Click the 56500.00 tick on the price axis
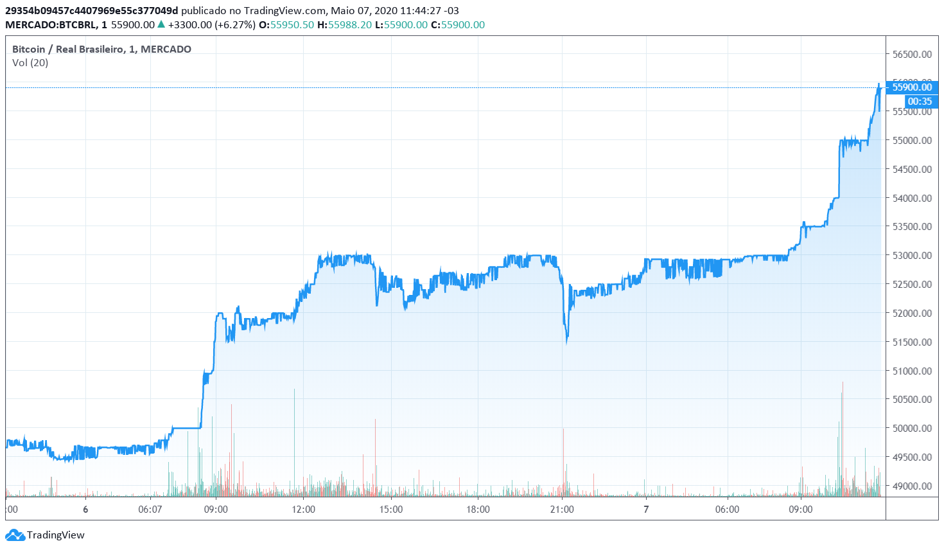912,54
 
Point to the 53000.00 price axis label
912,255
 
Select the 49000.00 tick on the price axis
912,486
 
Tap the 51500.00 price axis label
912,342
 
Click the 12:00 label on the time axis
303,510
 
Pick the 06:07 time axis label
150,510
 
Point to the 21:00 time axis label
562,510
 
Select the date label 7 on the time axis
646,510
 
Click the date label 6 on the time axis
85,510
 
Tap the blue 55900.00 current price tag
912,87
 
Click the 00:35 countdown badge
920,102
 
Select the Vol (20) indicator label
30,62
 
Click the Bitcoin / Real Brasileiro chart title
101,49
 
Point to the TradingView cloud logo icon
14,535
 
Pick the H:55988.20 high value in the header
344,24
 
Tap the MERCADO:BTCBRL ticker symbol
51,24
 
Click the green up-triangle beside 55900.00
161,24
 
